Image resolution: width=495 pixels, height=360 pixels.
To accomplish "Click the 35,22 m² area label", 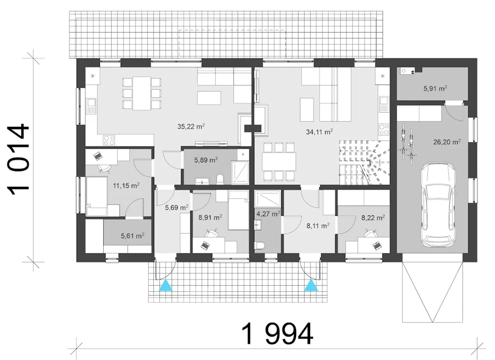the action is (191, 127).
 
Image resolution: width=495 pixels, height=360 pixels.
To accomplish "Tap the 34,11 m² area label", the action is (319, 132).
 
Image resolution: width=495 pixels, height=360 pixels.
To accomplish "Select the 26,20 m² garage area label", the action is (447, 142).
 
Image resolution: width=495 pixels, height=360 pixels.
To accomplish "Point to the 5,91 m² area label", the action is (435, 89).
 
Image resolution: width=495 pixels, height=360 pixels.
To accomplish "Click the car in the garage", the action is (437, 205).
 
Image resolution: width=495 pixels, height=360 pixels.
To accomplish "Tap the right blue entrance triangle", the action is (311, 285).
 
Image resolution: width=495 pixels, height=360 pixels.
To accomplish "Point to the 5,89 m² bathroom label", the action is (206, 160).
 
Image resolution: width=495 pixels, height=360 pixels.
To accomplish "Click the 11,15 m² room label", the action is (126, 185).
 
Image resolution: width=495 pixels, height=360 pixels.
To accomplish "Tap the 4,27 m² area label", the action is (268, 214).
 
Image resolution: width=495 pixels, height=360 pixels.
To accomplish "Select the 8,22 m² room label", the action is (373, 218).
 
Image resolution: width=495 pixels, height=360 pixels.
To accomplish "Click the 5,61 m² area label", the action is (133, 236).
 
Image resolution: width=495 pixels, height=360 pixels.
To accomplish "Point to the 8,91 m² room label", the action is (210, 218).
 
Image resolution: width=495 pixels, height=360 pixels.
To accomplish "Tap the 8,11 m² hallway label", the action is (318, 226).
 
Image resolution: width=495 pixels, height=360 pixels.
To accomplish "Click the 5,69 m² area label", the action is (177, 207).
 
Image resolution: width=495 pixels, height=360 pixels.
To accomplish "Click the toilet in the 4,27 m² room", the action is (259, 246).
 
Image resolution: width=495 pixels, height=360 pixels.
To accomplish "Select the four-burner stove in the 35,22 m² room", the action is (109, 140).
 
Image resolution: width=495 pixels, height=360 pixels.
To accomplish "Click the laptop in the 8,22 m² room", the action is (377, 245).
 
